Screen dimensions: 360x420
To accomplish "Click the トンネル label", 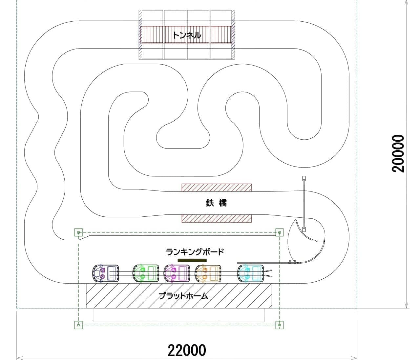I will tap(187, 35).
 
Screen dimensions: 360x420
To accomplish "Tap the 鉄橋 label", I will tap(216, 203).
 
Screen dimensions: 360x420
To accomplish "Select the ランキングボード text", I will tap(195, 252).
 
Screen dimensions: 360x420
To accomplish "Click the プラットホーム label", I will tap(183, 296).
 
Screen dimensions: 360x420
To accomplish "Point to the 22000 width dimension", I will tap(187, 350).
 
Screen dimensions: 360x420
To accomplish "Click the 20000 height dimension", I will tap(399, 153).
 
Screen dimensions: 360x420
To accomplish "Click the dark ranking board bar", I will tap(192, 260).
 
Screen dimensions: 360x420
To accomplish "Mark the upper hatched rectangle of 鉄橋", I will tap(217, 188).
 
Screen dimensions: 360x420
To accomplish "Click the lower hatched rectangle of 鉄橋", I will tap(217, 218).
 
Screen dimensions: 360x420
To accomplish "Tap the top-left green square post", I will tap(78, 232).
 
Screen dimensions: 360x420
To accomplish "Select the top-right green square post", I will tap(279, 232).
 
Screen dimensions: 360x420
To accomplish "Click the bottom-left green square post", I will tap(78, 325).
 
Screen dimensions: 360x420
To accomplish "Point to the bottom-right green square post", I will tap(279, 325).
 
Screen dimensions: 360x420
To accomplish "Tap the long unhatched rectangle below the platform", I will tap(179, 315).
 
